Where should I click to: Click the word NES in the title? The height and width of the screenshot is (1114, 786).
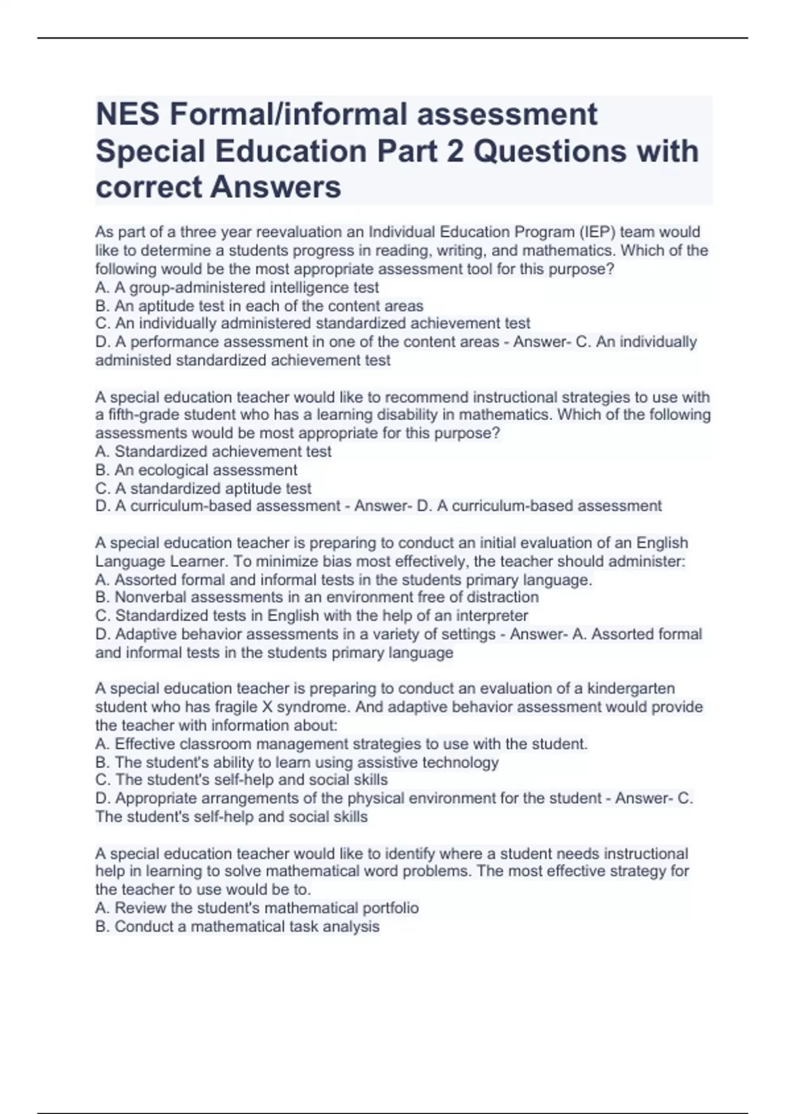128,115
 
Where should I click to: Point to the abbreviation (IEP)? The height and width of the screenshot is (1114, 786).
595,232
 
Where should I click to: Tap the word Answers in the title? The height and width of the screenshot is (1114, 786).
276,187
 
